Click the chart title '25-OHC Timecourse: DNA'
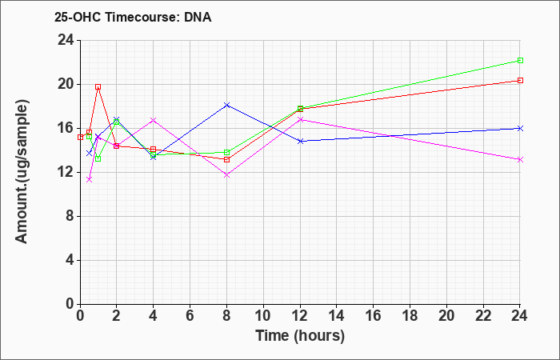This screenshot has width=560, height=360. [x=133, y=17]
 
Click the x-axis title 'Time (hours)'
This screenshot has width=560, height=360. [x=300, y=336]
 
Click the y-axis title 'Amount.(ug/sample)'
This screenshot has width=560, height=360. [x=22, y=172]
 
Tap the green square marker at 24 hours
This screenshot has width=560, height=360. [x=520, y=60]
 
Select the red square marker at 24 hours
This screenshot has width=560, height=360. [x=520, y=80]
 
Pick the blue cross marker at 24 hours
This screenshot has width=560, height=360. [x=520, y=128]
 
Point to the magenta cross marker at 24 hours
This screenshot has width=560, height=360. [x=520, y=160]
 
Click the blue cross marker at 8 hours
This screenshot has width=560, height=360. [x=226, y=105]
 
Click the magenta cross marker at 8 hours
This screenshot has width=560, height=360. [x=226, y=175]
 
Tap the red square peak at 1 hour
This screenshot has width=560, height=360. [x=98, y=86]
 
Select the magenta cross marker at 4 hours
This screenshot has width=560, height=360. [x=154, y=120]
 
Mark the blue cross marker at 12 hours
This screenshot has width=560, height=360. [x=300, y=142]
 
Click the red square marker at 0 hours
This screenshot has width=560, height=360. [x=80, y=137]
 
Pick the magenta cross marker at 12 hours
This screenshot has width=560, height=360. [x=300, y=119]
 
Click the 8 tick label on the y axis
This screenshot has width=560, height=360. [x=70, y=217]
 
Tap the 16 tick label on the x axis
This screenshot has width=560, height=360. [x=374, y=316]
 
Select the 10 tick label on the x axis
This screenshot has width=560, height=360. [x=263, y=316]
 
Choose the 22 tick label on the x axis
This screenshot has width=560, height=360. [x=483, y=316]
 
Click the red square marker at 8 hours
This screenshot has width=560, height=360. [x=226, y=159]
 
